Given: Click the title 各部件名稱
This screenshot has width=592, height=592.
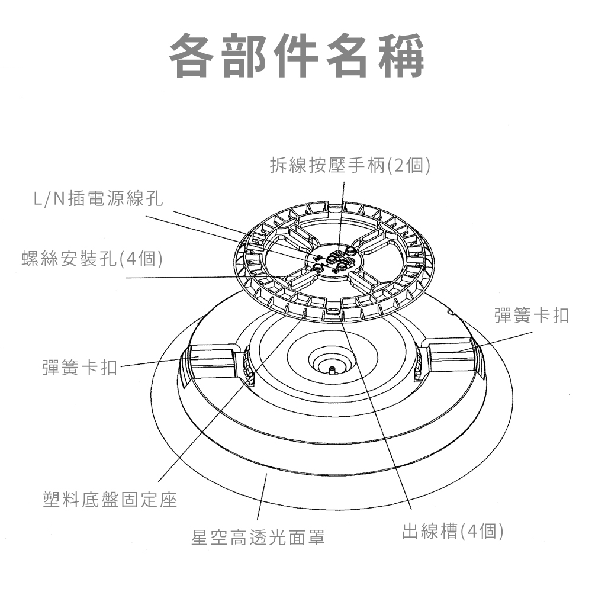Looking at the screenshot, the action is tap(297, 56).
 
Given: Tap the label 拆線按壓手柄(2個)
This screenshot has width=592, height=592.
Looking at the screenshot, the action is tap(350, 165).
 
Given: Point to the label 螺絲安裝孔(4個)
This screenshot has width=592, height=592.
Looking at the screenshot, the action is tap(92, 259).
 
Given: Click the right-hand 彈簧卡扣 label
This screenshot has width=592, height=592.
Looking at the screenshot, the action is tap(532, 316).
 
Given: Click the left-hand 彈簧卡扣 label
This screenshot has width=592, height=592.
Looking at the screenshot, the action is tap(80, 367).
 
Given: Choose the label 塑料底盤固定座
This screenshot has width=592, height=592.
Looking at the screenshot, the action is tap(110, 500).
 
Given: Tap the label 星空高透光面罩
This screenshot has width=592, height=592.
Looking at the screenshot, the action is tap(258, 538).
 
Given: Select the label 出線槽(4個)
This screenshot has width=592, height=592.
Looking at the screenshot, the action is tap(452, 531).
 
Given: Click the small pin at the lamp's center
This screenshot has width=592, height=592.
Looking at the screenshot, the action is tap(331, 370).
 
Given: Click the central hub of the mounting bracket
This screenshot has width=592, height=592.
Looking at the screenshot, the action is tap(334, 260).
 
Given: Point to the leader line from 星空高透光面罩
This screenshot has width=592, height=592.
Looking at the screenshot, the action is tap(262, 497).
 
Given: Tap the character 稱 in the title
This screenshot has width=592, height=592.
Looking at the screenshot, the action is tap(402, 56).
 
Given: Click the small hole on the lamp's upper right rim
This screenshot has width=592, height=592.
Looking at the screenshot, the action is tap(450, 311).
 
